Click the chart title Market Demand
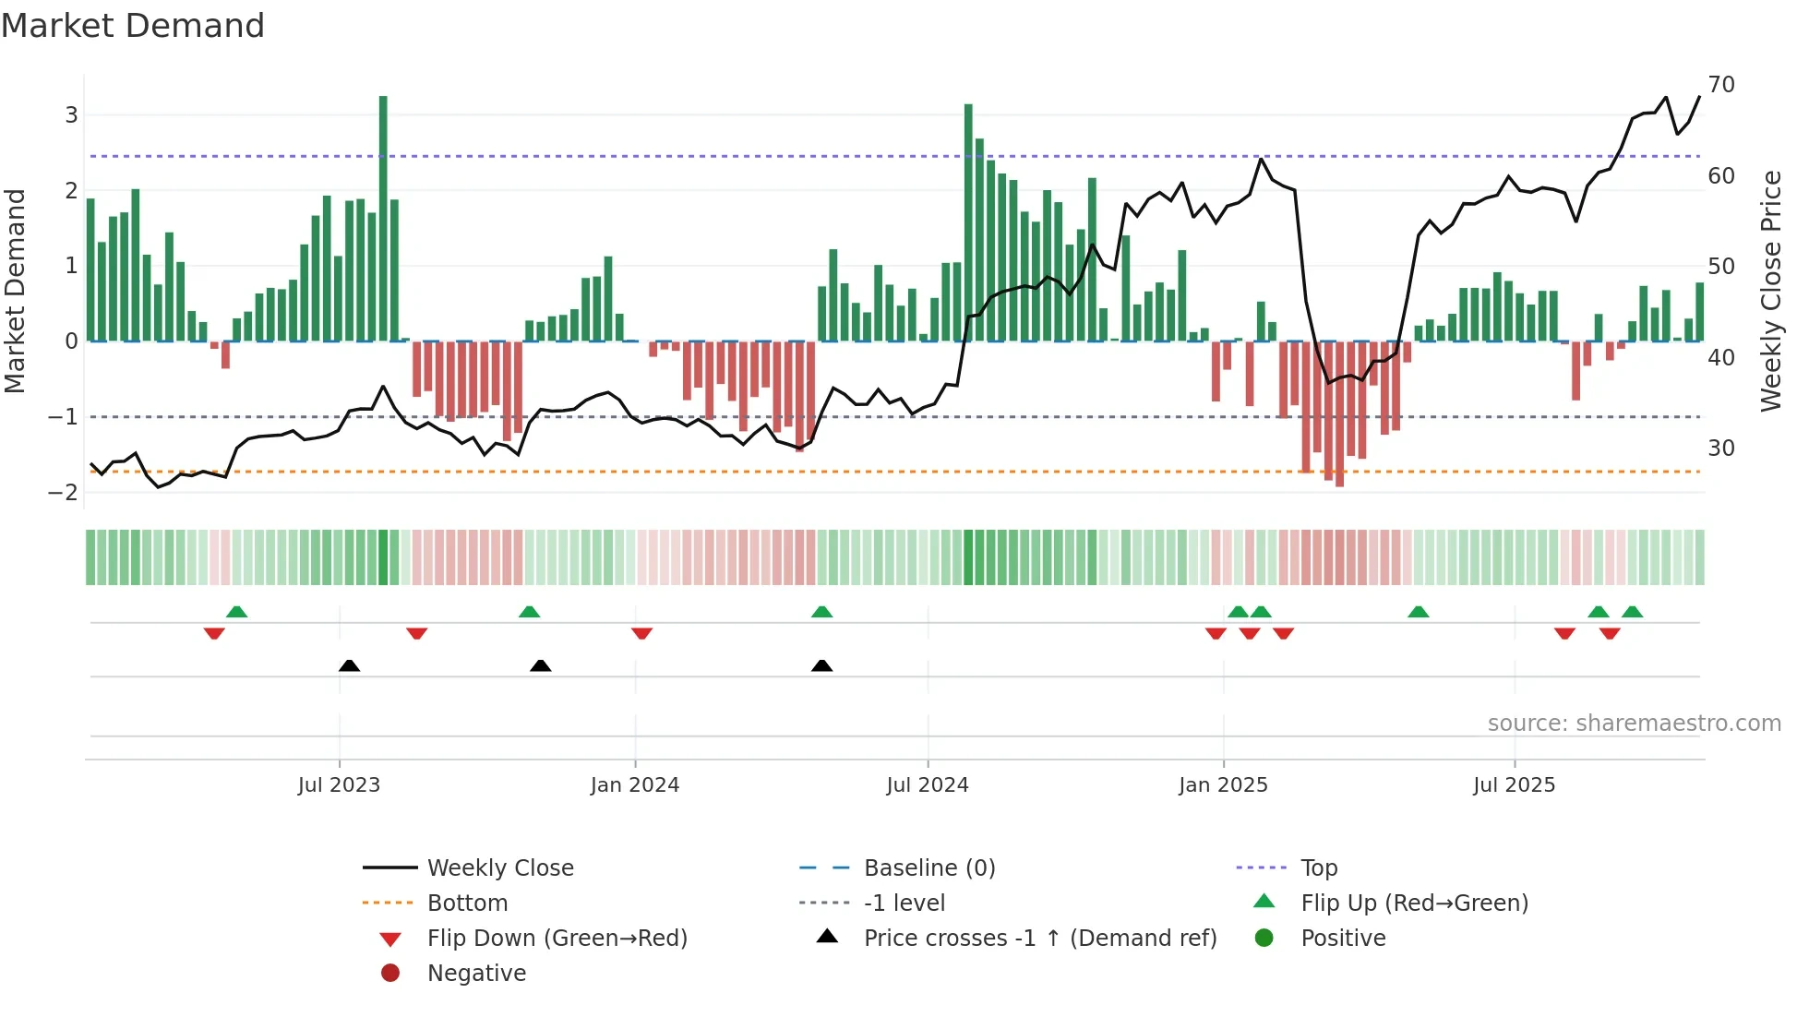(x=133, y=26)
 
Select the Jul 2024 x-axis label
(x=927, y=785)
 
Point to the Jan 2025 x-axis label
(x=1223, y=785)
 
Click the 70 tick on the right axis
(x=1721, y=85)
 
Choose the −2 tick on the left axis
(x=63, y=492)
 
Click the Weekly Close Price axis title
(x=1770, y=291)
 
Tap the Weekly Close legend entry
(x=499, y=868)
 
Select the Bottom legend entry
(x=467, y=903)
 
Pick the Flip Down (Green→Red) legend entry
(x=557, y=939)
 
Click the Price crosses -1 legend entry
(x=1039, y=939)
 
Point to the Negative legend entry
(x=476, y=974)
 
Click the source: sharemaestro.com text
(x=1634, y=724)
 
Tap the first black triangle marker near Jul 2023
(x=349, y=665)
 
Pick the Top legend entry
(x=1318, y=868)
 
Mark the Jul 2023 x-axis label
(x=339, y=785)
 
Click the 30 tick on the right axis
(x=1721, y=449)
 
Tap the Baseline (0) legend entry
(x=928, y=868)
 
